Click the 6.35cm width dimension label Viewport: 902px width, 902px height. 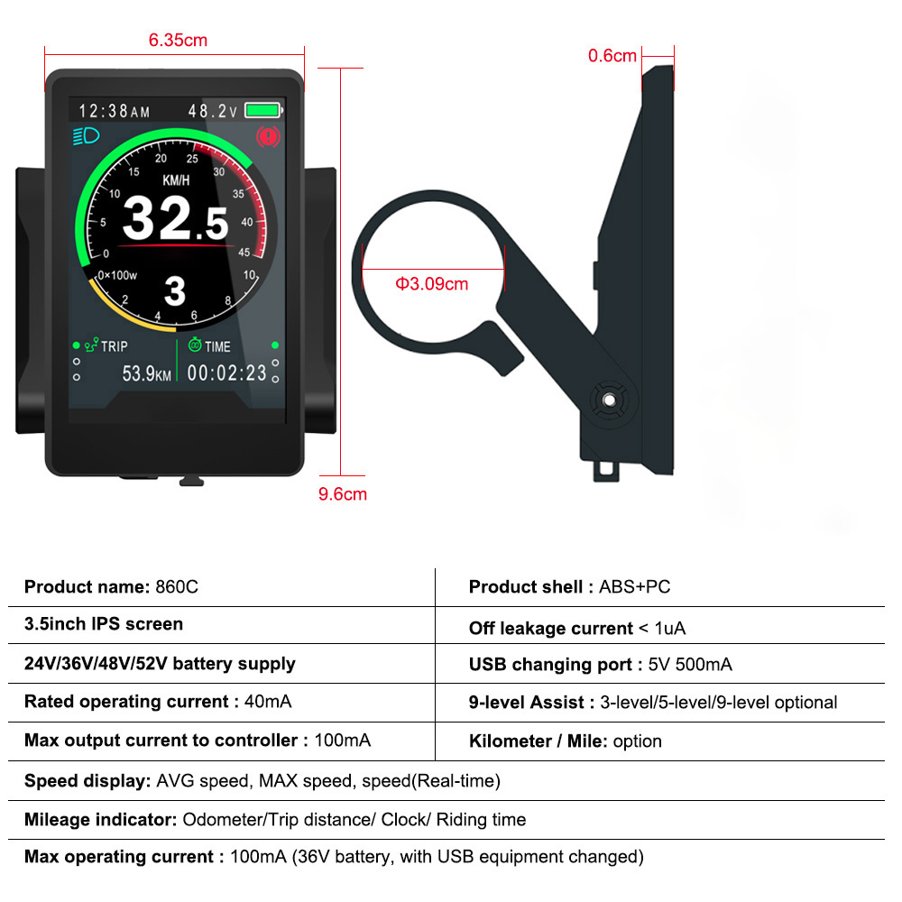(178, 41)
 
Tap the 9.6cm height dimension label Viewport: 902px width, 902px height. (342, 494)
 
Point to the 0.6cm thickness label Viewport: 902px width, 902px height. (612, 56)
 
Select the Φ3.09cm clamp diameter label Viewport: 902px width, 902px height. (431, 283)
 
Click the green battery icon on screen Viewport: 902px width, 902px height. (264, 110)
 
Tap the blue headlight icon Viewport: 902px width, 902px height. (87, 136)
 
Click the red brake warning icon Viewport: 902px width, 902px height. (268, 137)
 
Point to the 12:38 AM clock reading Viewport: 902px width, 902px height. (114, 110)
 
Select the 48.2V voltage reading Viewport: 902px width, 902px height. (212, 110)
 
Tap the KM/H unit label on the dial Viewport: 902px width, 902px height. (176, 180)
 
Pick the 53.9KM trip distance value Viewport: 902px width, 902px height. (147, 374)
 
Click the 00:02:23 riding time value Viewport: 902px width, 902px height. (226, 373)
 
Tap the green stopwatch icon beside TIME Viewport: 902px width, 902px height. (195, 345)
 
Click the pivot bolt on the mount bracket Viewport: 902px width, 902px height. (609, 400)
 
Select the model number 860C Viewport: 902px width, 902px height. (177, 587)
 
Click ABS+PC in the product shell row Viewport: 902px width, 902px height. (634, 587)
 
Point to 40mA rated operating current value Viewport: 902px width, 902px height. (268, 701)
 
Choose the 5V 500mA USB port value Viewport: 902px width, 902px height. (690, 665)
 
